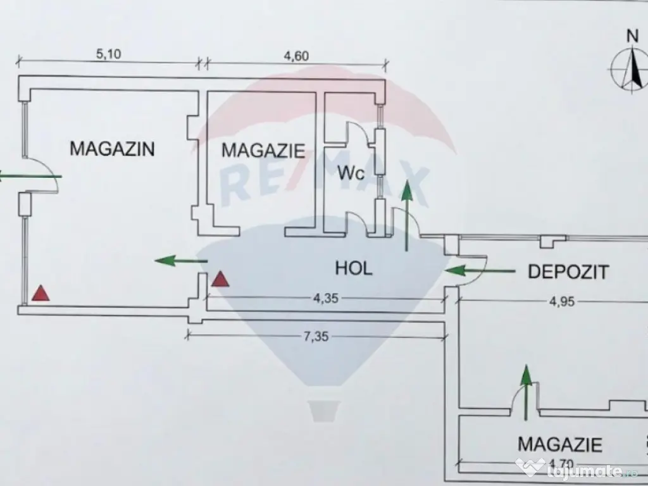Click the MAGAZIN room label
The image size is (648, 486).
click(112, 149)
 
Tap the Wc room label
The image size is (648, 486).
click(351, 173)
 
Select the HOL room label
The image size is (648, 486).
click(353, 268)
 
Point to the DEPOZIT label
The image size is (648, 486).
click(568, 272)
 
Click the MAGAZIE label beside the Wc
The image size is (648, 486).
click(263, 151)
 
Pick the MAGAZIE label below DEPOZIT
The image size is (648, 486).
click(559, 444)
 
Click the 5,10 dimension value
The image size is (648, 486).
click(108, 54)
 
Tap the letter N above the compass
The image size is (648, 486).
click(631, 35)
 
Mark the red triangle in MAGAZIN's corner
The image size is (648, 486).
click(40, 292)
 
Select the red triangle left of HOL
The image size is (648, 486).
click(220, 279)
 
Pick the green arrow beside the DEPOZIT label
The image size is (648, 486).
click(479, 271)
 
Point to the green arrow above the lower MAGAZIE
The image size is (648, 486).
click(525, 391)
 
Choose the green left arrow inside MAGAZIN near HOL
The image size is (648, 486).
click(181, 260)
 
